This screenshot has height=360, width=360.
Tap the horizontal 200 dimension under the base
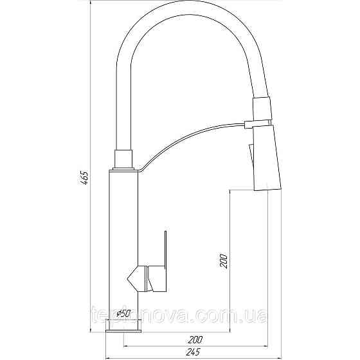click(x=197, y=339)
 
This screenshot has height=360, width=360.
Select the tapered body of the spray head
click(x=264, y=157)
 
